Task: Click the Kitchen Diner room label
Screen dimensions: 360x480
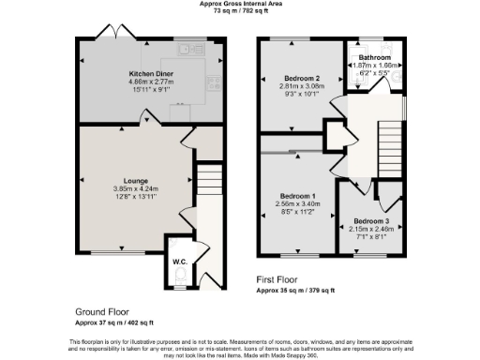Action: (x=151, y=72)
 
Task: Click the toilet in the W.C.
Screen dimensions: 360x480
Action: (x=180, y=276)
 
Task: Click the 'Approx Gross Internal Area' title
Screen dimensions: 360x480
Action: (x=239, y=4)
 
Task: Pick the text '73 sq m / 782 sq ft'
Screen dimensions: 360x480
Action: (x=239, y=10)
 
